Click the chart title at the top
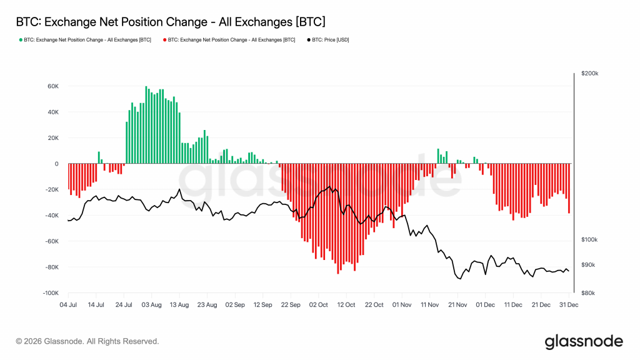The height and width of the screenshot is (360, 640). (x=169, y=22)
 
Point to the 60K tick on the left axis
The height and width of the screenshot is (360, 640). (x=52, y=87)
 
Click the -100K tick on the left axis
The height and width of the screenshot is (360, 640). (x=50, y=293)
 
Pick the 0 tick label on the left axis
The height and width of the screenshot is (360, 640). (x=56, y=164)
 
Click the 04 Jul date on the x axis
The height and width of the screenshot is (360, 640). (x=68, y=304)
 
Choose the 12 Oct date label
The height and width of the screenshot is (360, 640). (x=346, y=304)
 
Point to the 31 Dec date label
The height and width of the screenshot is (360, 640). (x=568, y=304)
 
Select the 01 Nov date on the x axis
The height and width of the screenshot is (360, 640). (x=401, y=304)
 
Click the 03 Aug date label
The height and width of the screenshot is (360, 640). (x=151, y=304)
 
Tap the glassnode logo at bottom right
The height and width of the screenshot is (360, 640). (x=583, y=341)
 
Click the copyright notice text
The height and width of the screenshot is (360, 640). (x=87, y=341)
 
